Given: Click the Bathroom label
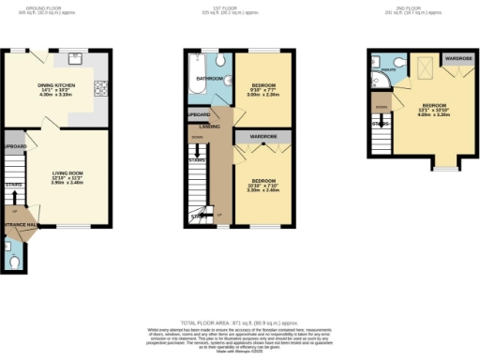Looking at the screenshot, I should [x=210, y=79].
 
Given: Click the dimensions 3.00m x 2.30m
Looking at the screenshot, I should [x=264, y=95].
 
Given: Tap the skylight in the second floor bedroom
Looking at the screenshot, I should [x=424, y=69].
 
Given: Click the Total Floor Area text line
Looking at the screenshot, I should [x=239, y=322].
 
